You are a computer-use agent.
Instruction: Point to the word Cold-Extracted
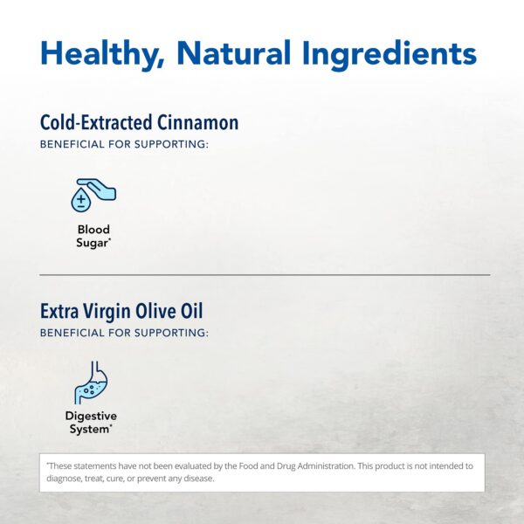point(93,122)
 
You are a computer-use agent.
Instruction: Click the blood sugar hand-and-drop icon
point(93,195)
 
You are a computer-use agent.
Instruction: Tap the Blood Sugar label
point(93,236)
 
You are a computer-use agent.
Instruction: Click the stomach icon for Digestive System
point(92,383)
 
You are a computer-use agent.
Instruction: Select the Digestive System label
point(91,423)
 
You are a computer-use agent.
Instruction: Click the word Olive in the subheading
point(162,311)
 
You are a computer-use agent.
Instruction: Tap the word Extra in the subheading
point(61,311)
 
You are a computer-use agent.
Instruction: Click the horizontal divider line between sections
point(262,275)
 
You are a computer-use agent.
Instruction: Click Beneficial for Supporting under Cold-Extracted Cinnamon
point(124,144)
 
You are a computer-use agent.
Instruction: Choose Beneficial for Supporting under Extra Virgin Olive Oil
point(124,333)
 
